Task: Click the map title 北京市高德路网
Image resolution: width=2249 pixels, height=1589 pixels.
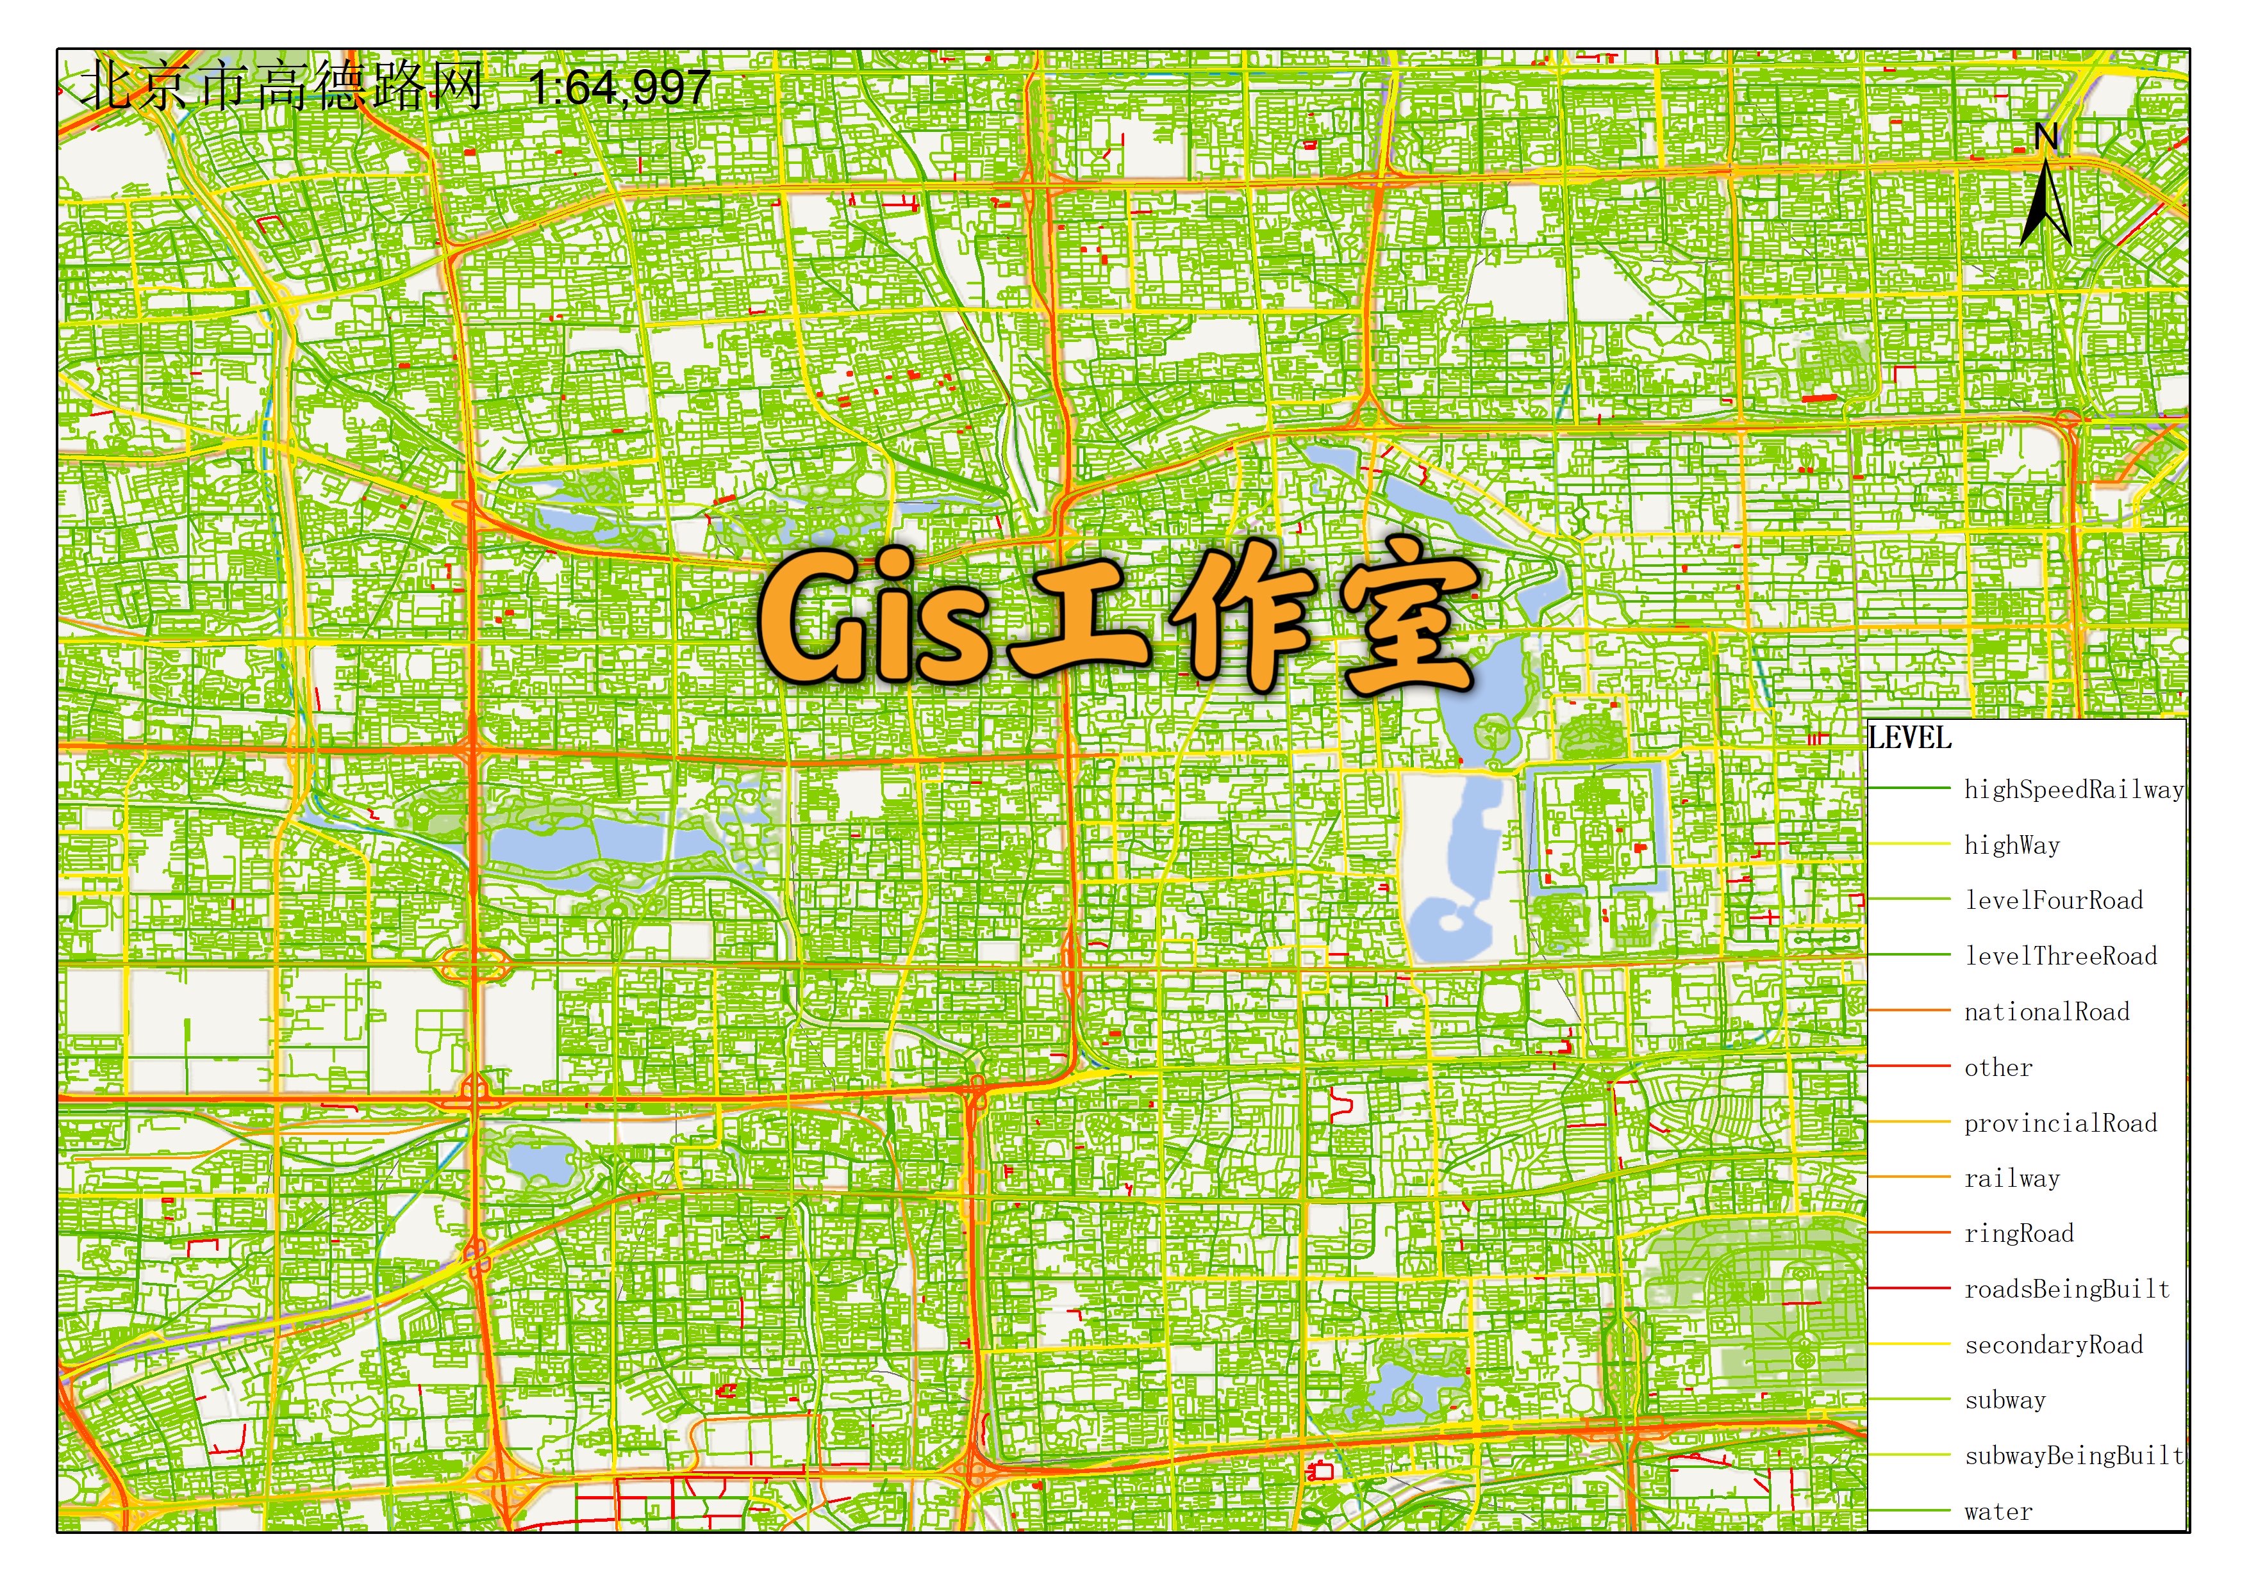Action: [x=282, y=86]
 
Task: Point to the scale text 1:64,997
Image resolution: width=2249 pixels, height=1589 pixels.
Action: [x=619, y=88]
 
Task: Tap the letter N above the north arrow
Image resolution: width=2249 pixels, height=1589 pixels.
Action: [x=2045, y=137]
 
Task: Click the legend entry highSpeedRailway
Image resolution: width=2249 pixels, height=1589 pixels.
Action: [x=2073, y=789]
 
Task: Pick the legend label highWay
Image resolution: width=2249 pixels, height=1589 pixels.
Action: [x=2012, y=845]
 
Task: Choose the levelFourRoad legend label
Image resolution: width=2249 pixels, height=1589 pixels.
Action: [x=2053, y=900]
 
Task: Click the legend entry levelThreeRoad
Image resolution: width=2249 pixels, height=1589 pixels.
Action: [x=2060, y=956]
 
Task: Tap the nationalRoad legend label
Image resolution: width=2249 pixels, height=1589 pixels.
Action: [x=2046, y=1011]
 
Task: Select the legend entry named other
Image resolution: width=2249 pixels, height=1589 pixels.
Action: [x=1998, y=1067]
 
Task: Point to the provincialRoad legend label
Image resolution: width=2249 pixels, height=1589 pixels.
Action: [x=2060, y=1123]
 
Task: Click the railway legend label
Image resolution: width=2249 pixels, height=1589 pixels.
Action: [x=2012, y=1178]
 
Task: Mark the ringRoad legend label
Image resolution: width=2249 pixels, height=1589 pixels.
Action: [x=2019, y=1234]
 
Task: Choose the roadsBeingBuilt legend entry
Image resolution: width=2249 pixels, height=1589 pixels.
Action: [x=2067, y=1289]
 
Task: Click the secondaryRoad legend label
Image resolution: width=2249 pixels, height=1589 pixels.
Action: [x=2053, y=1344]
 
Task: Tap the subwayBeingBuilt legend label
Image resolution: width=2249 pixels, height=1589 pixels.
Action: [x=2073, y=1456]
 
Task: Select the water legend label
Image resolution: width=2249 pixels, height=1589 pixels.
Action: [x=1998, y=1512]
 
